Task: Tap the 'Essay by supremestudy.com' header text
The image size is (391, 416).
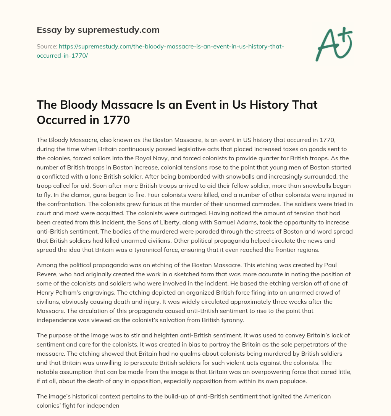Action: (x=98, y=29)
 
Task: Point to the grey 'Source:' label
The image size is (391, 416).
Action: (x=47, y=47)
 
